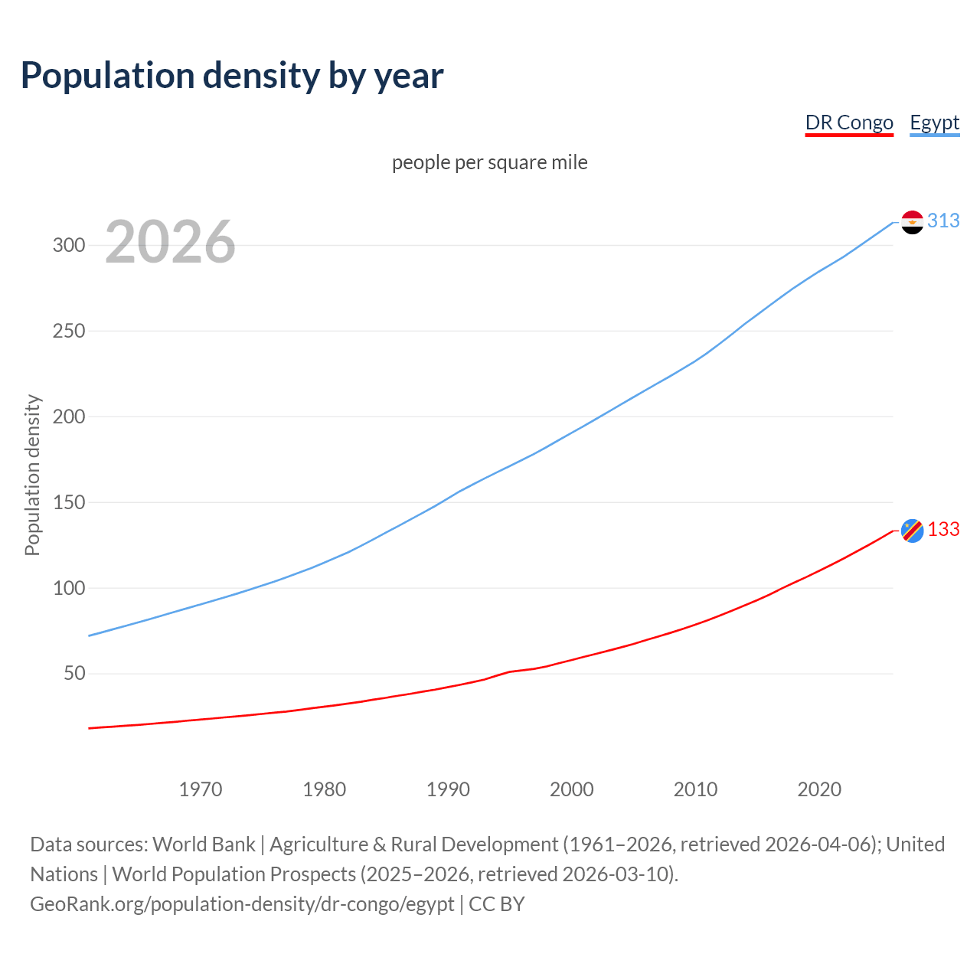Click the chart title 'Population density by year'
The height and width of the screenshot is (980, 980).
(x=232, y=75)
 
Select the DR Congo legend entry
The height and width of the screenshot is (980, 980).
(x=849, y=122)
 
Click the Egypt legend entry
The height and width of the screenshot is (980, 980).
(x=934, y=122)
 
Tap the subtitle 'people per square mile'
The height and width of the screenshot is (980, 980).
(x=489, y=162)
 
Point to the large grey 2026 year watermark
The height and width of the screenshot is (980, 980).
(x=170, y=242)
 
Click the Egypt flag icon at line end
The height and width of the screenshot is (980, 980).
(x=912, y=222)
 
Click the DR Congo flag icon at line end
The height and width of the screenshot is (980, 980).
(x=912, y=530)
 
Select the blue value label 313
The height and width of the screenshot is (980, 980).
(x=943, y=220)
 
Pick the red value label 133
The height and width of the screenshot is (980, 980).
(x=943, y=530)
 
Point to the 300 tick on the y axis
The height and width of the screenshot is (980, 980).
(x=68, y=246)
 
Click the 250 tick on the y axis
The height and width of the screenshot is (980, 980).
(x=68, y=332)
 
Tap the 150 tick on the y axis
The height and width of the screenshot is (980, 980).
(x=68, y=503)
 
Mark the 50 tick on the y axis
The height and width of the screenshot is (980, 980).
(x=74, y=674)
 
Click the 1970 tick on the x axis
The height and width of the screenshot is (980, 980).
(x=201, y=789)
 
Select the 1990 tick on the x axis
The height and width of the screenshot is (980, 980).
(x=448, y=789)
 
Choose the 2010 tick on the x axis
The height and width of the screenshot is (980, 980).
(x=695, y=789)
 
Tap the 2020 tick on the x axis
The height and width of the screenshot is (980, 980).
(x=819, y=789)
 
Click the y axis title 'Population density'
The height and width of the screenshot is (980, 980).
(x=32, y=475)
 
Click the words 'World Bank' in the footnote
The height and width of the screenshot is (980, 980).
(x=204, y=844)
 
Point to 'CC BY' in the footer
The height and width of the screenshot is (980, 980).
(x=496, y=904)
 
